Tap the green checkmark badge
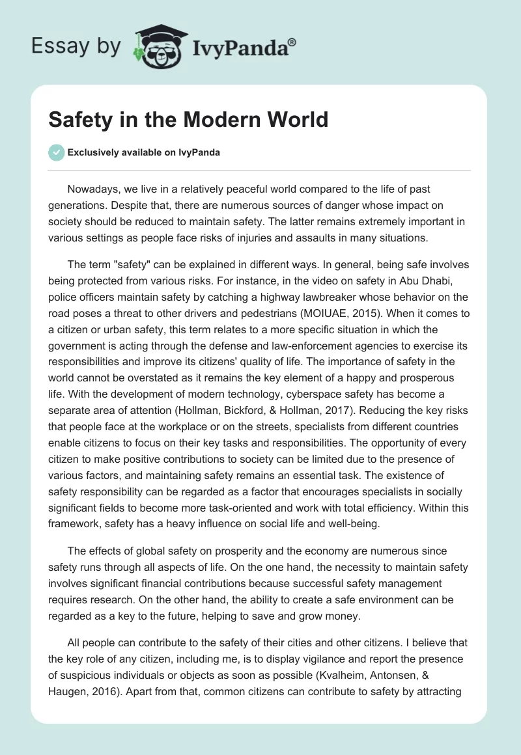coord(57,152)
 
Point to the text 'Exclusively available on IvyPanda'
coord(144,152)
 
